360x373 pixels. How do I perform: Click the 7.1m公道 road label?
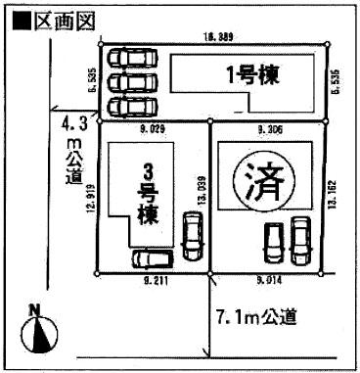click(x=256, y=317)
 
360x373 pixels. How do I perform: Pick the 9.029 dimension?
click(x=155, y=128)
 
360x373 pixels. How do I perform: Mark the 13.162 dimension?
click(x=334, y=195)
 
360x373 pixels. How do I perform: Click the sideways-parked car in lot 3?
click(x=154, y=258)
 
